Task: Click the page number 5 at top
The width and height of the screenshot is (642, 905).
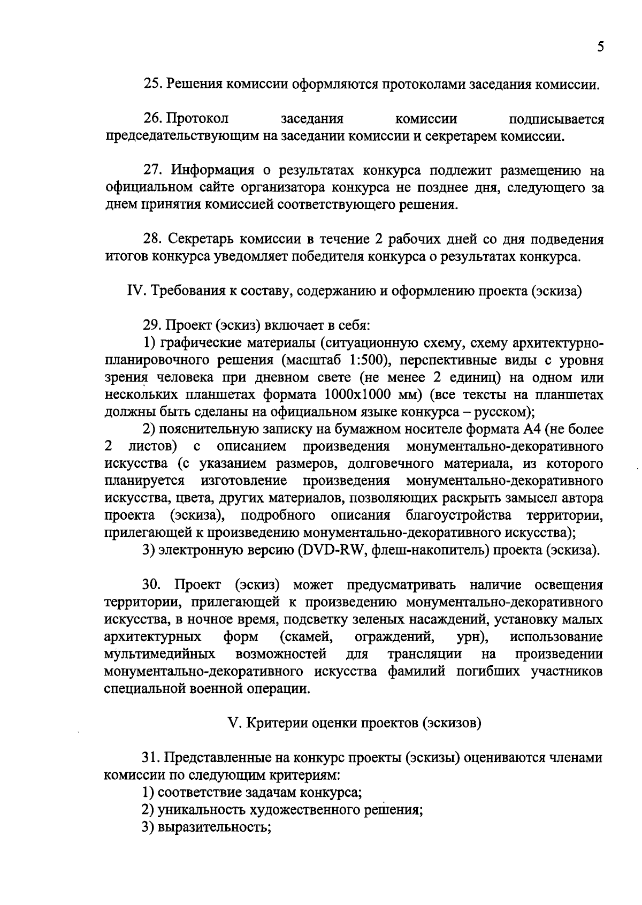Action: coord(600,47)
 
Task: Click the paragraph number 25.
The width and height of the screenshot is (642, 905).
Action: coord(151,85)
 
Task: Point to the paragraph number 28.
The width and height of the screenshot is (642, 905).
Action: coord(151,239)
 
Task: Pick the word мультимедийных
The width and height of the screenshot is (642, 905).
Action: coord(159,654)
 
